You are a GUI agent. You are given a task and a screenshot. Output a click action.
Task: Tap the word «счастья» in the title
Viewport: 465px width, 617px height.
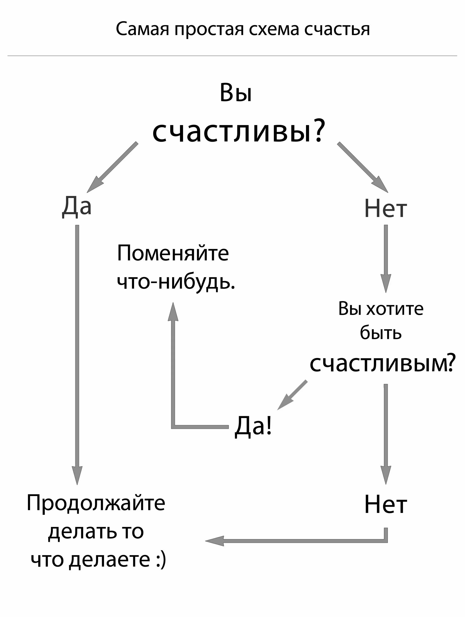click(x=337, y=29)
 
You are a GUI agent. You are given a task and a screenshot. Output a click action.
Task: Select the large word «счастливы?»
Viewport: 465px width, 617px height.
click(x=239, y=131)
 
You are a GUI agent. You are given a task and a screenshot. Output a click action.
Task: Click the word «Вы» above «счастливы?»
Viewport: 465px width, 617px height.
click(x=236, y=93)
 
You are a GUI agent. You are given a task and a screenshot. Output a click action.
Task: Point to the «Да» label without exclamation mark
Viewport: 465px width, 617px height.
click(x=77, y=207)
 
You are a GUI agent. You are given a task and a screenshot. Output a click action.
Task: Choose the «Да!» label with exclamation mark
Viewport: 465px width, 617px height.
click(x=253, y=426)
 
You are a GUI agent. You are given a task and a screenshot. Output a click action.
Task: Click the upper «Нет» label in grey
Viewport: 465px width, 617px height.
click(x=385, y=209)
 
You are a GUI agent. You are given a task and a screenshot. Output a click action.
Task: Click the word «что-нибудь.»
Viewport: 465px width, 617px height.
click(x=176, y=282)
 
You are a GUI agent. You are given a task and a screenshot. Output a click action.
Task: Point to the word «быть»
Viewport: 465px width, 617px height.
click(x=380, y=333)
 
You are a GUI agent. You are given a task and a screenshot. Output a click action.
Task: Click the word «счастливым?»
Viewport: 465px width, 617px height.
click(x=382, y=363)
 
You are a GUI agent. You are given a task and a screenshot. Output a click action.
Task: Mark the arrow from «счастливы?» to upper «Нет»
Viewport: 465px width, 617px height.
click(x=363, y=167)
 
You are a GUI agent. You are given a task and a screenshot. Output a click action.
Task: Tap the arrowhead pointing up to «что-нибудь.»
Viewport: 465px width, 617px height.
click(x=173, y=312)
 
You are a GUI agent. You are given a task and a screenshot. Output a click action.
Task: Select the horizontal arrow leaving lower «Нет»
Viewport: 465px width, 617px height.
click(x=296, y=541)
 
